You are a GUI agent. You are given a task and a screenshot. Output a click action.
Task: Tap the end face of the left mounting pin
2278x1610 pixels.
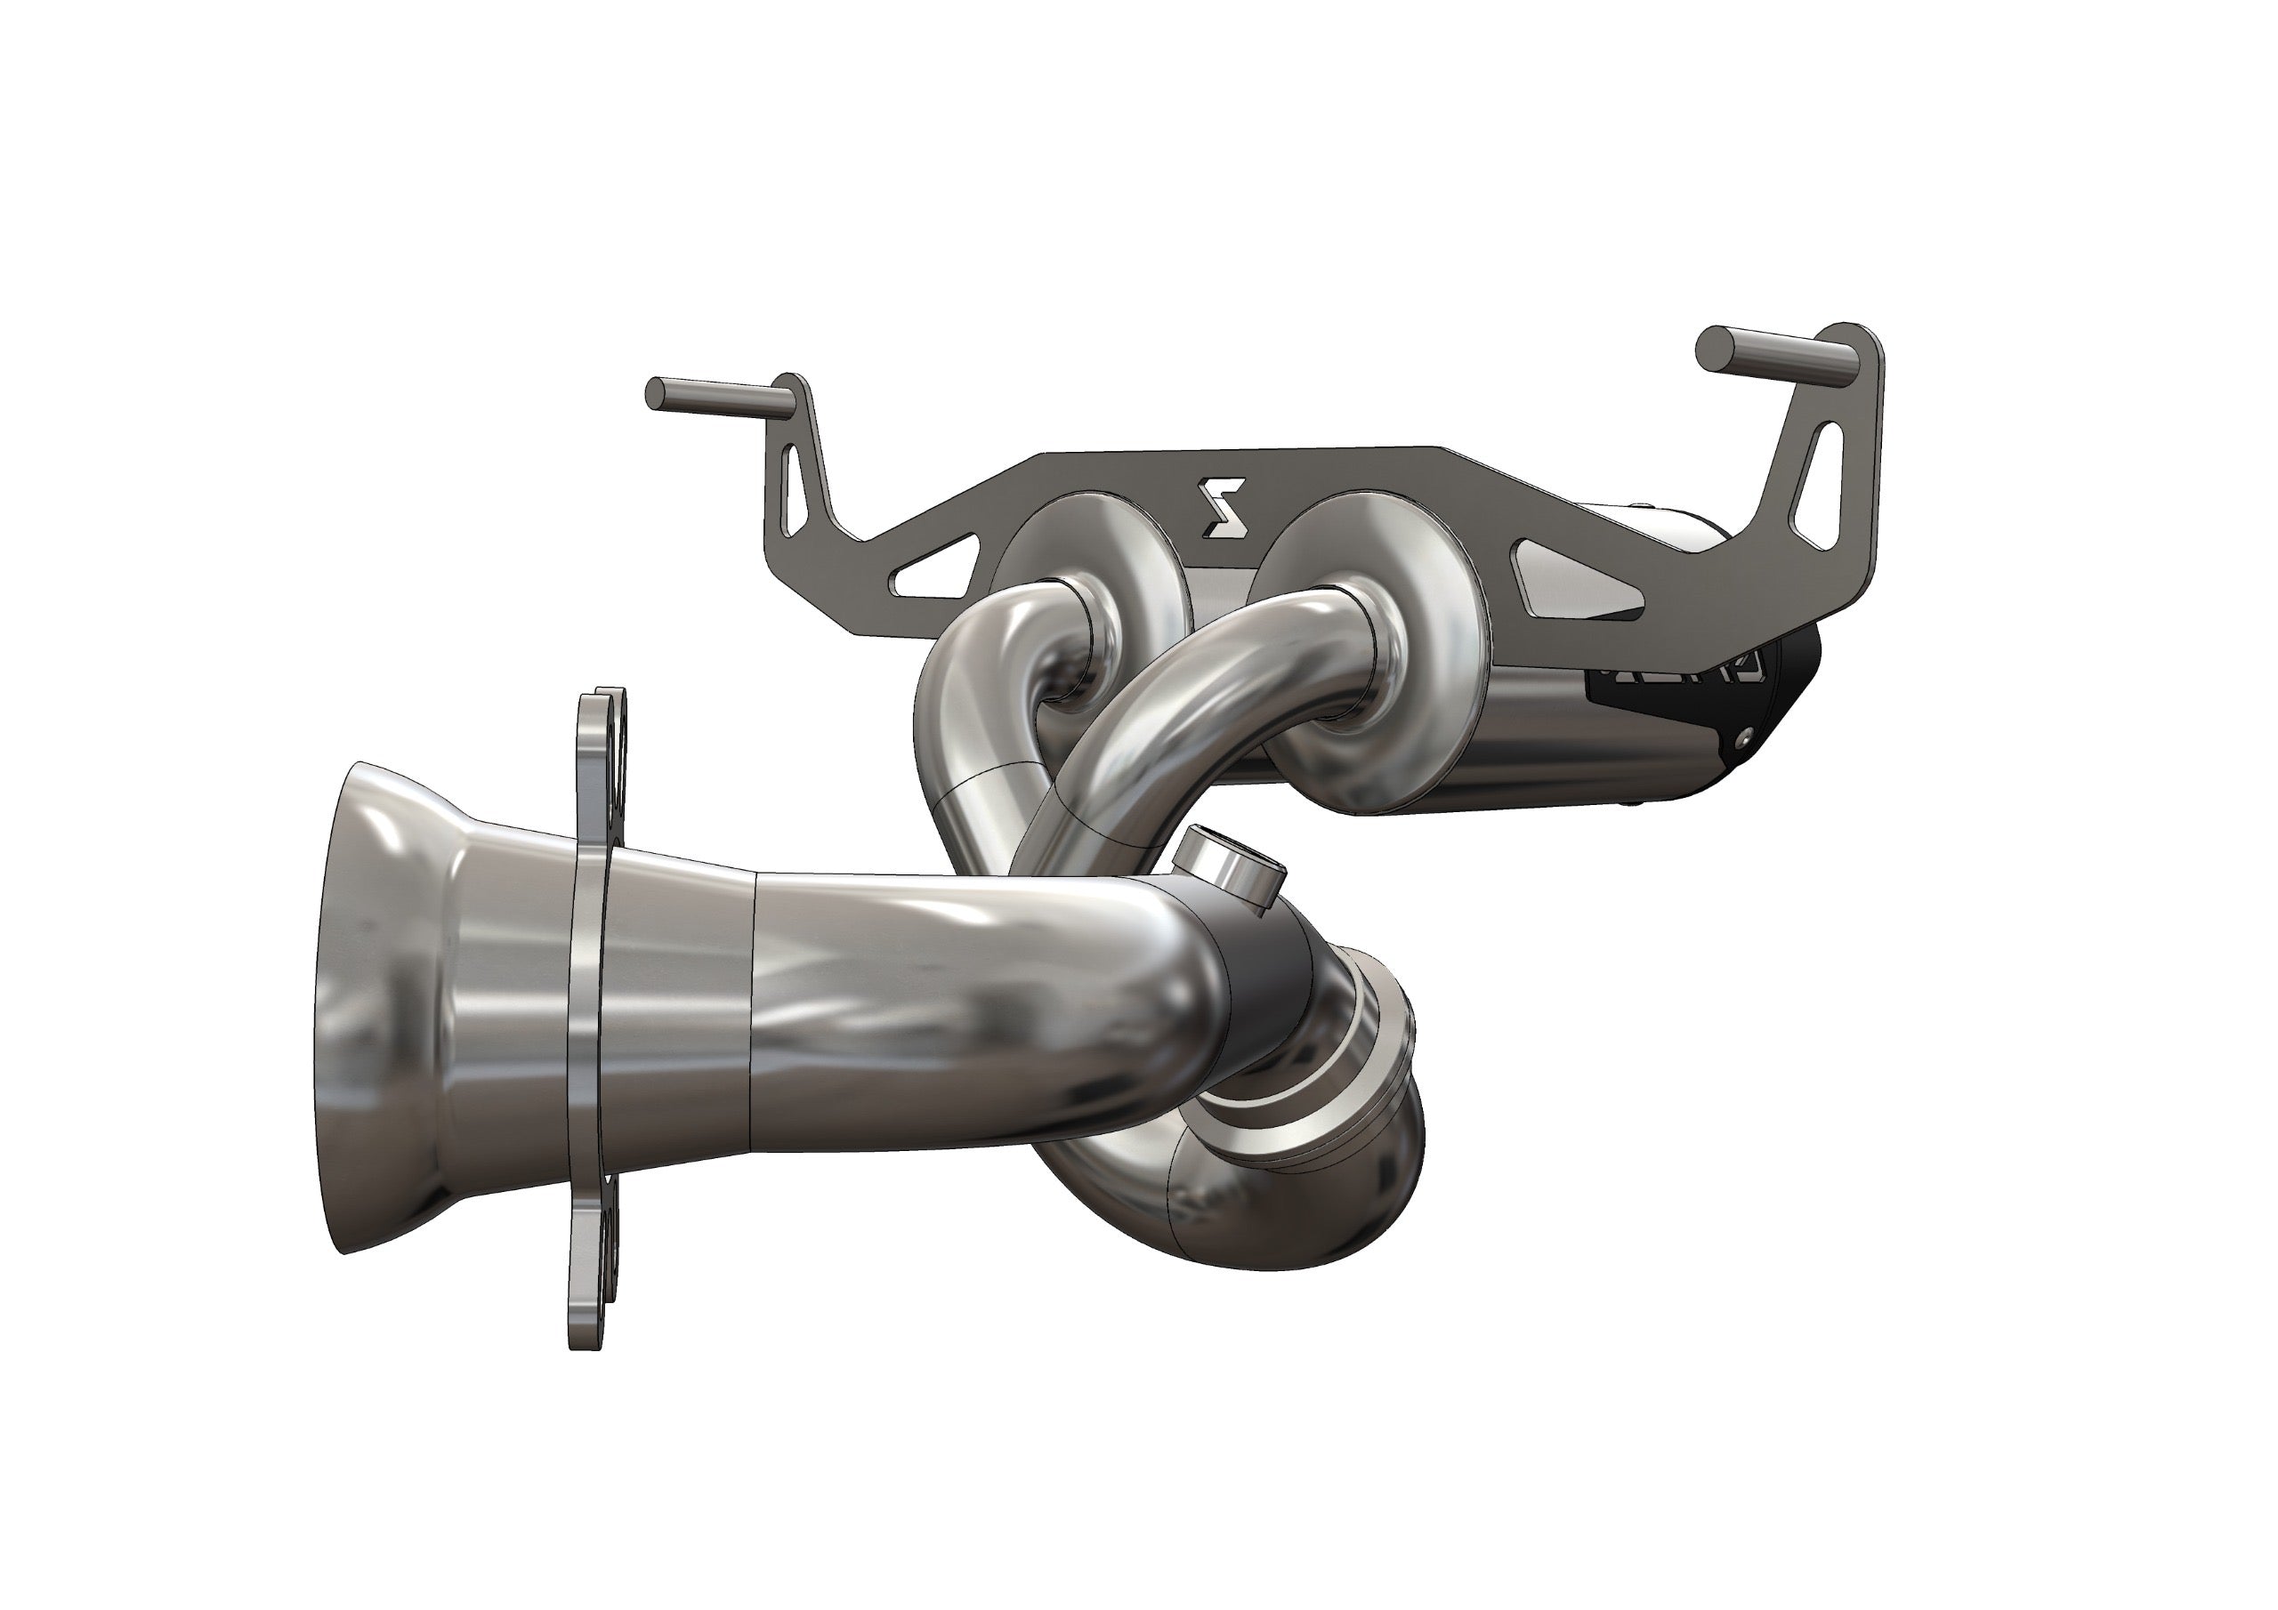click(x=655, y=393)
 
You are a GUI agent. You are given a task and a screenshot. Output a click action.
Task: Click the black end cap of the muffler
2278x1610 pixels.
click(x=1776, y=695)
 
